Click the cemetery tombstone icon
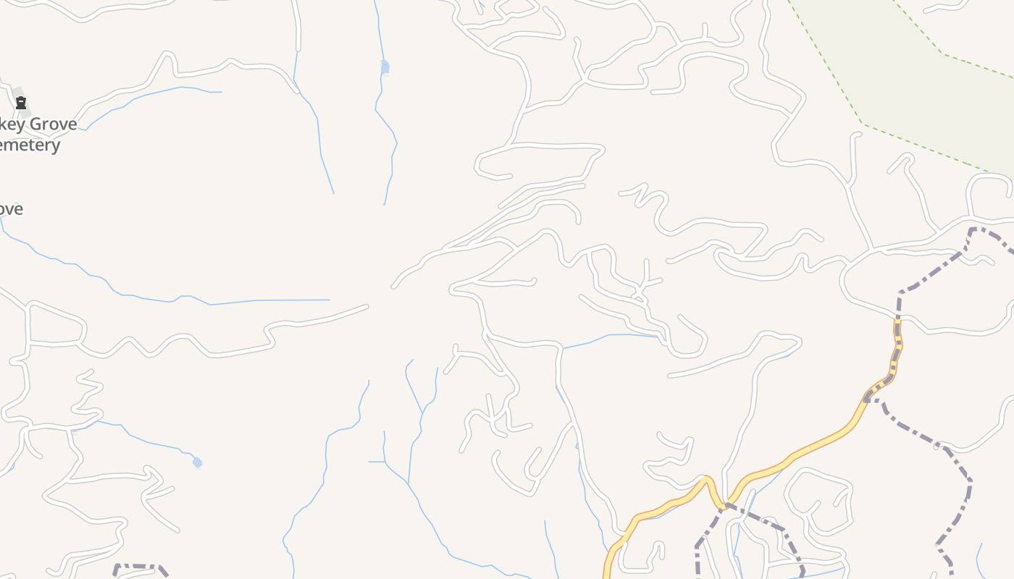click(x=21, y=103)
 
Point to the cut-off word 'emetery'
click(x=29, y=145)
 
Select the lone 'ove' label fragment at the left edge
click(x=11, y=209)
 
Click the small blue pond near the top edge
click(x=385, y=67)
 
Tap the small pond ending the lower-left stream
click(x=197, y=462)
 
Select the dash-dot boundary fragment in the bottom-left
click(x=138, y=566)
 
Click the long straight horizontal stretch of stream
click(x=290, y=300)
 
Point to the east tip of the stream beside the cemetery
click(x=221, y=92)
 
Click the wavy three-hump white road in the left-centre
click(x=145, y=346)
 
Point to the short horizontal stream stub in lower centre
click(x=377, y=461)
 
